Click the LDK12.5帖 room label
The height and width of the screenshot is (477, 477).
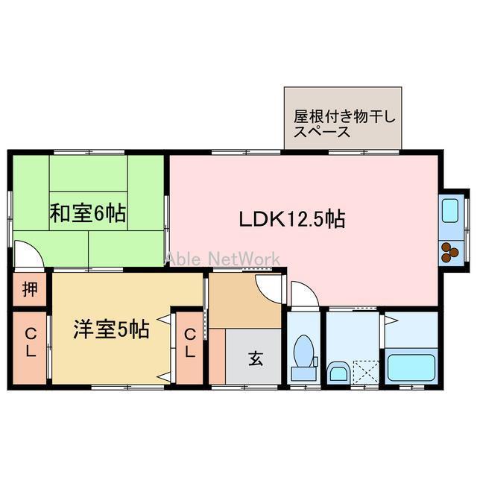291,219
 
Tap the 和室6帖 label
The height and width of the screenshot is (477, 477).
88,215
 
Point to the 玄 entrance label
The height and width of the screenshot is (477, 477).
255,358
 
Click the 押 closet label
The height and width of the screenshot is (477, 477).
29,288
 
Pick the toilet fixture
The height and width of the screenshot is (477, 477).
304,355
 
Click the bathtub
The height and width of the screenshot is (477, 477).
412,368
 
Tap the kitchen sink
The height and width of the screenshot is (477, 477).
452,212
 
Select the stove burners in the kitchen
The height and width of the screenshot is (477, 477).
452,253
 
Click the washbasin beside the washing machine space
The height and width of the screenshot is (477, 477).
338,372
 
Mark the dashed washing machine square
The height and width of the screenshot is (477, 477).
365,371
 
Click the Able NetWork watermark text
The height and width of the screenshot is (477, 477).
223,258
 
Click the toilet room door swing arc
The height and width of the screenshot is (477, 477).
304,295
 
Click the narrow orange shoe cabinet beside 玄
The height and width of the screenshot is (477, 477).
217,356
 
